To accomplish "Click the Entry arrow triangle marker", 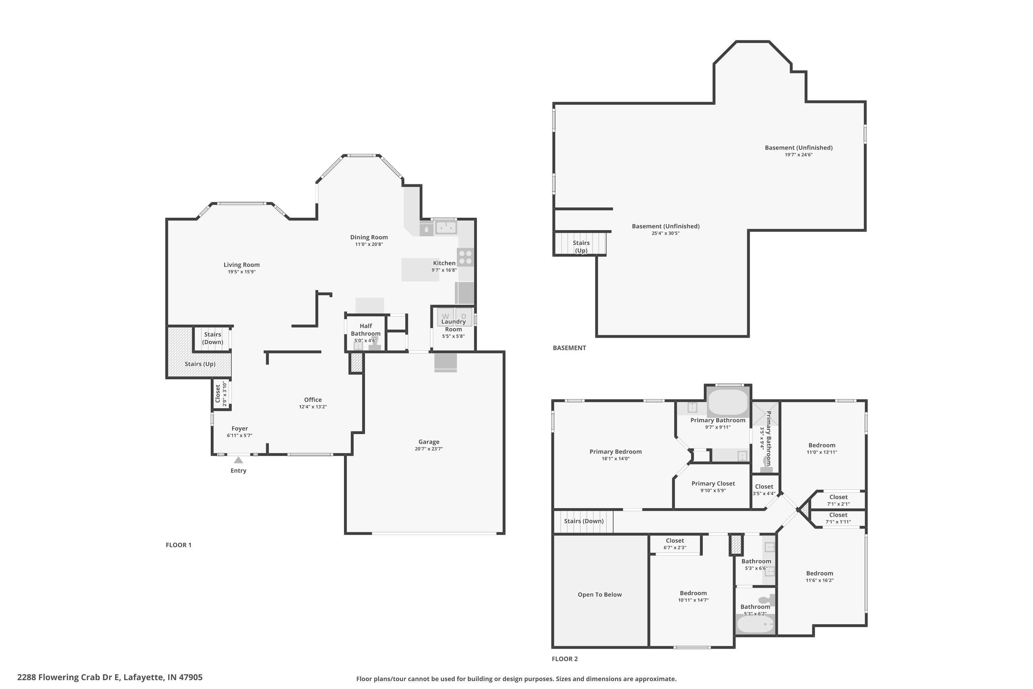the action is point(239,460).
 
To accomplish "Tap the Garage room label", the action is point(429,442).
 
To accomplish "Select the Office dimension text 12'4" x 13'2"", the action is point(313,407).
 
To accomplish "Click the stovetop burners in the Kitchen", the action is point(466,257).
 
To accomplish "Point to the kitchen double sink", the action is point(446,228).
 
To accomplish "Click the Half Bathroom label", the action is point(365,330).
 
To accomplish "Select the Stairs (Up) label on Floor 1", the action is point(200,364).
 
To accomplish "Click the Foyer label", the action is point(240,429).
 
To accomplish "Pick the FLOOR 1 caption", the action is point(178,545).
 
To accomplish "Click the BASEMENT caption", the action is point(569,348).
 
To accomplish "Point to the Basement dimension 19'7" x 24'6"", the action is point(799,155).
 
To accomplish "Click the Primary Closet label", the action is point(713,483).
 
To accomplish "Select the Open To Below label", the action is point(599,595).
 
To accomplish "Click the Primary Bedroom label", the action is point(615,451).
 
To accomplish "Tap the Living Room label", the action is point(242,265).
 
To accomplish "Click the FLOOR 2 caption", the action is point(565,659).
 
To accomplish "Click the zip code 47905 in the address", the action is point(190,677).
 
